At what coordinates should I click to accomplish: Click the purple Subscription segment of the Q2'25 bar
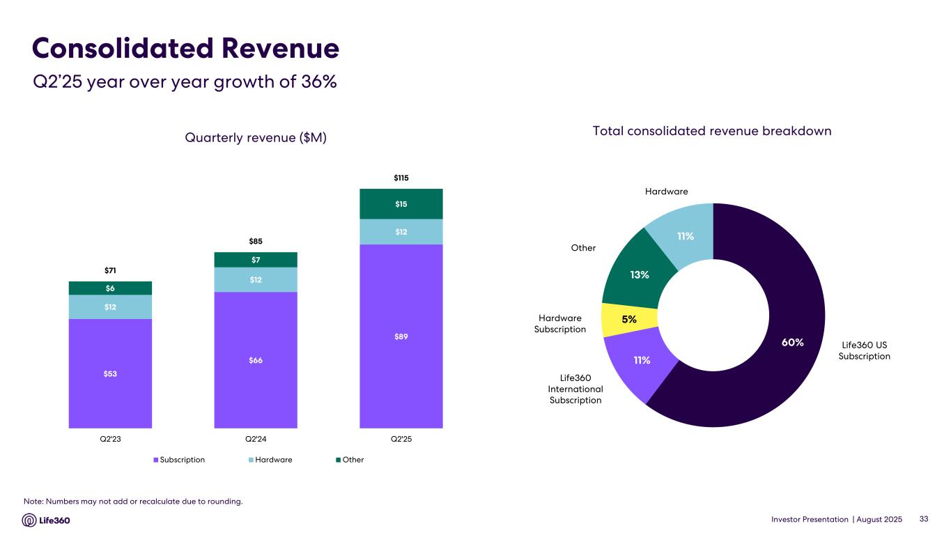click(x=401, y=336)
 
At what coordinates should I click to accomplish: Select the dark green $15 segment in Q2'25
click(x=401, y=204)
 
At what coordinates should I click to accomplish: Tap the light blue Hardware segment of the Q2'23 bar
click(x=110, y=307)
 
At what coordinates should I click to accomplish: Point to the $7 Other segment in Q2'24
click(x=256, y=260)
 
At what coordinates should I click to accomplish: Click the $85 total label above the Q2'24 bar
click(x=256, y=241)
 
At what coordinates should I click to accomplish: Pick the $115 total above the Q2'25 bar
click(x=401, y=178)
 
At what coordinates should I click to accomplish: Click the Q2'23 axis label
click(x=110, y=439)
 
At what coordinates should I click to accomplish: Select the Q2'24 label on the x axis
click(x=256, y=439)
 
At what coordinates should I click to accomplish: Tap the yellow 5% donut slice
click(x=629, y=319)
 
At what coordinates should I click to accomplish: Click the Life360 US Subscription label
click(x=864, y=350)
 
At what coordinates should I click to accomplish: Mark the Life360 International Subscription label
click(x=575, y=389)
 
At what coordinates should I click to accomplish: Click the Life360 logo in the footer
click(x=46, y=520)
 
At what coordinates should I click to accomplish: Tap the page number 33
click(x=925, y=519)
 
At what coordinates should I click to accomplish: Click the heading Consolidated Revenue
click(x=185, y=49)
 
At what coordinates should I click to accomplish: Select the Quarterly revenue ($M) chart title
click(x=256, y=138)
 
